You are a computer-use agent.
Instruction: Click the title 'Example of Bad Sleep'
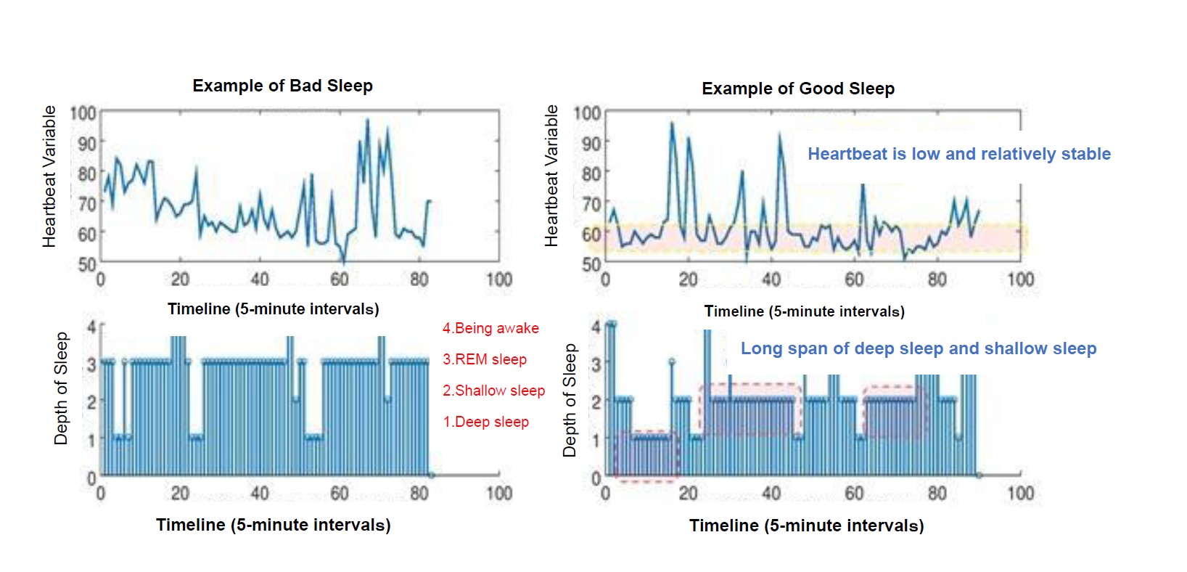click(x=282, y=86)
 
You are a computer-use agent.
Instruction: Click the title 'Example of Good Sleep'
click(x=797, y=89)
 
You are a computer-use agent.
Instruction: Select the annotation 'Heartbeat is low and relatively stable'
click(x=958, y=154)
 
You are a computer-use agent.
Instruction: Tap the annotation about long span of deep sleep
click(x=918, y=348)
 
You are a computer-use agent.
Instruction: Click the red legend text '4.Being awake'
click(x=490, y=328)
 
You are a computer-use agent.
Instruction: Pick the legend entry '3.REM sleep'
click(x=485, y=359)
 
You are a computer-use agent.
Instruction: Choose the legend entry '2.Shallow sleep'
click(x=493, y=391)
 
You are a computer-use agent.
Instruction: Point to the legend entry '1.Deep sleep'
click(x=485, y=422)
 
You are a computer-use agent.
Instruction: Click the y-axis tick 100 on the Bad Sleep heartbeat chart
click(x=83, y=113)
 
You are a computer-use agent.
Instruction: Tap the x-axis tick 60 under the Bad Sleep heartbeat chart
click(x=340, y=279)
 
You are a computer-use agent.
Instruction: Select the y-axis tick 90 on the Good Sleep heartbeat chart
click(x=591, y=143)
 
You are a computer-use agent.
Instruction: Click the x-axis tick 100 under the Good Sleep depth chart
click(x=1019, y=494)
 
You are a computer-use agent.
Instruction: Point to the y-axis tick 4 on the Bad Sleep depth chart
click(x=91, y=327)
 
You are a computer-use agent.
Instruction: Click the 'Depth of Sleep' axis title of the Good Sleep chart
click(x=570, y=401)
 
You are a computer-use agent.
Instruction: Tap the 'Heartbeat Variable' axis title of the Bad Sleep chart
click(x=49, y=176)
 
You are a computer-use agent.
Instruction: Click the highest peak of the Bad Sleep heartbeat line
click(x=367, y=120)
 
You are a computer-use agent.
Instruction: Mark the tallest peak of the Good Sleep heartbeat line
click(x=671, y=123)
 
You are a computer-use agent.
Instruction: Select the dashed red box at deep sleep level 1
click(x=646, y=455)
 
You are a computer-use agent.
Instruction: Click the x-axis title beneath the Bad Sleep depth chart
click(x=273, y=525)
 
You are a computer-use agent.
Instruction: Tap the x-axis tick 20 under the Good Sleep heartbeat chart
click(x=688, y=279)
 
